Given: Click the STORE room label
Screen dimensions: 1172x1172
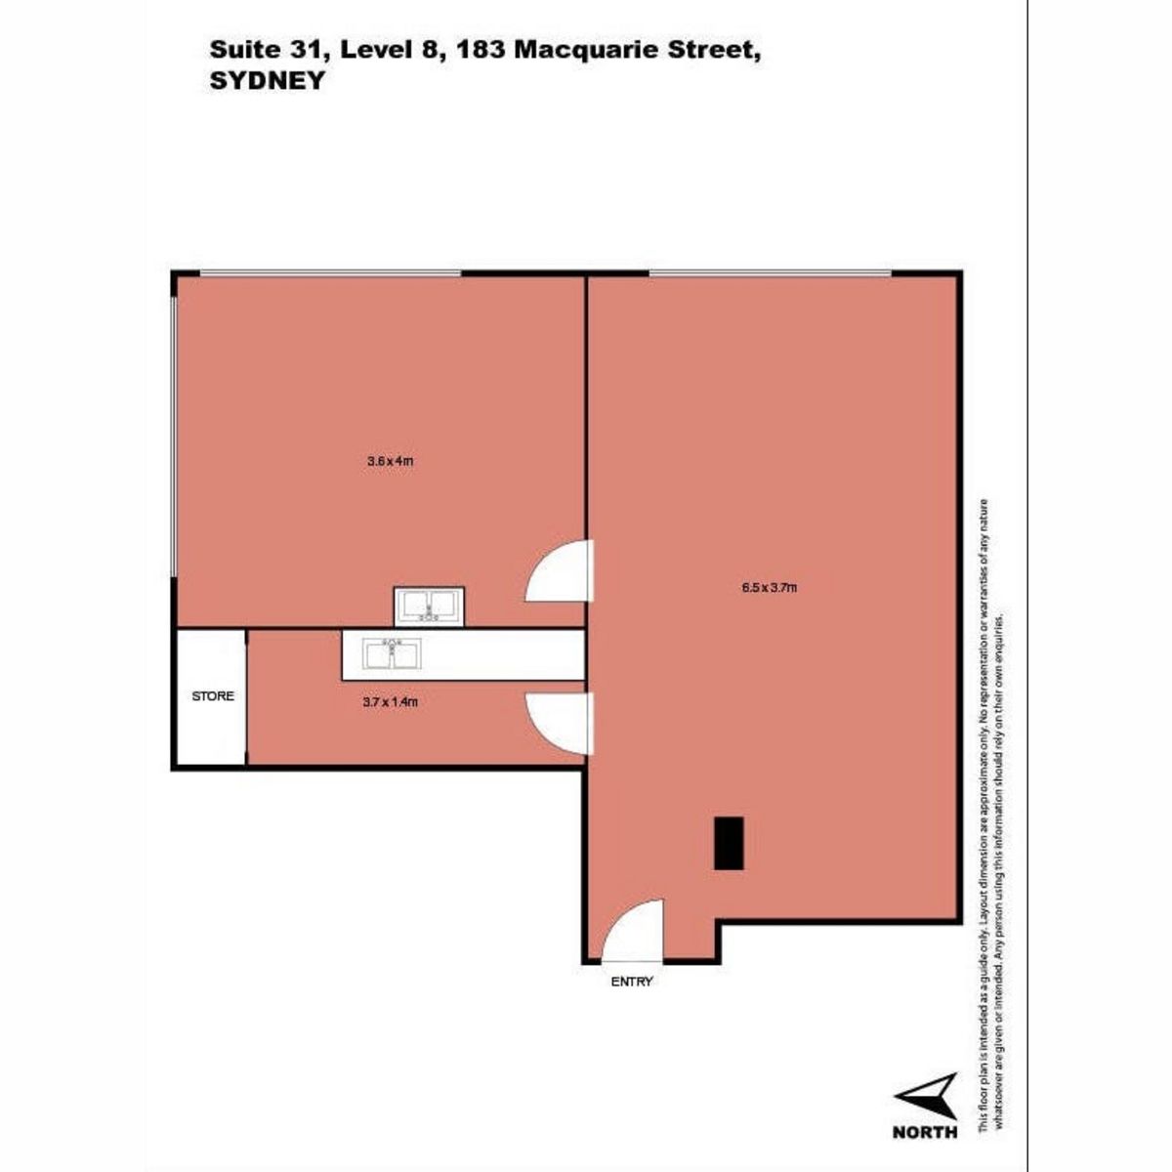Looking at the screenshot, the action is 213,695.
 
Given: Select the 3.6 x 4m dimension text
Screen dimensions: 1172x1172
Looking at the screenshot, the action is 390,461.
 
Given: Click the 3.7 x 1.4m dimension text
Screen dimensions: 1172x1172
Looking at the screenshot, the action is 390,702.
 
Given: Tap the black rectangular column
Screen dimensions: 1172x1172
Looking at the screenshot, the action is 728,843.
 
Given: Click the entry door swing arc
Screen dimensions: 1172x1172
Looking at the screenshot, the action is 620,925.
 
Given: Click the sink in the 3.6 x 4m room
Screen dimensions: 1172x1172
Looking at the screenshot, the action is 429,607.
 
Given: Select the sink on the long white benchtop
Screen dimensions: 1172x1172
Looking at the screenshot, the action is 390,654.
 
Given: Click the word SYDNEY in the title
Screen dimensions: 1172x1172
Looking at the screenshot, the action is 267,81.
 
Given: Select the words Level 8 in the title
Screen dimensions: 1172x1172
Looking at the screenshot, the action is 395,51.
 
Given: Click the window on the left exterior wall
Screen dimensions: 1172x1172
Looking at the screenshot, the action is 175,437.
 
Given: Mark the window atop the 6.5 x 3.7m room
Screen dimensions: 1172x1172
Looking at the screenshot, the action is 770,274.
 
